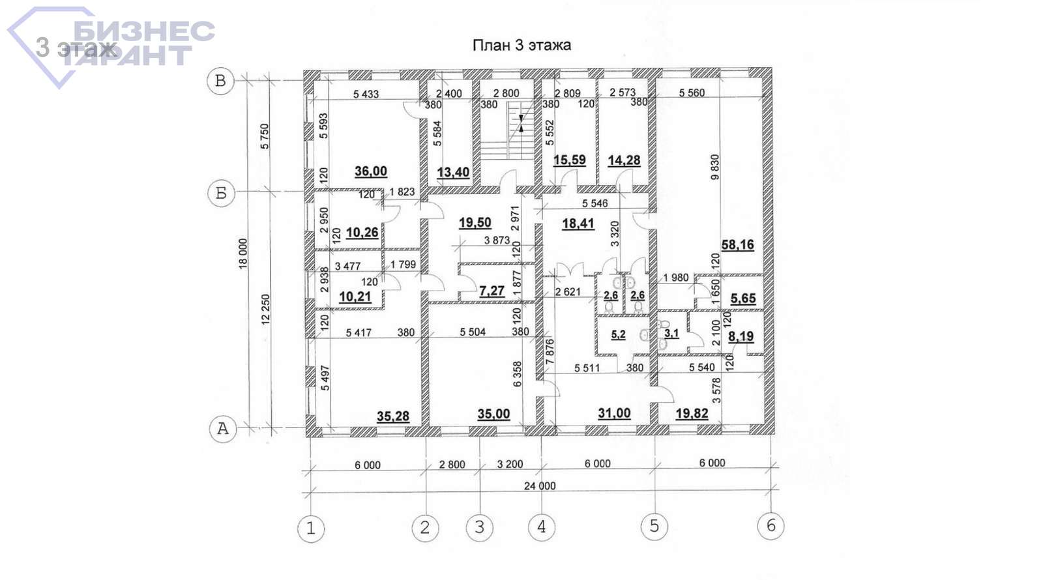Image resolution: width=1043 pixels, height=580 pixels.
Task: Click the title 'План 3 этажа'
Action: pos(521,45)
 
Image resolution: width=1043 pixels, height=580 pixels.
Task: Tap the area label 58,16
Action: pos(737,244)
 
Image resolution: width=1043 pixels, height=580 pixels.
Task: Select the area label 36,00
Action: pos(371,171)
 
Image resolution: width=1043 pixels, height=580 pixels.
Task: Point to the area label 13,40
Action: pos(453,172)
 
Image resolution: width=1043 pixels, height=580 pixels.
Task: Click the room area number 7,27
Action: pos(492,291)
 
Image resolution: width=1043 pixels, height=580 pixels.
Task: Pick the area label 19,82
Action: pos(692,413)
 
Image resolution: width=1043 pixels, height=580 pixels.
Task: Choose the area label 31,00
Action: pos(614,413)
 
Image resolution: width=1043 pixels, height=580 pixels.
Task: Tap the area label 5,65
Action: pos(743,298)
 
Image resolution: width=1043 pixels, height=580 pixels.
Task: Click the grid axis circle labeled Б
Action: pos(221,193)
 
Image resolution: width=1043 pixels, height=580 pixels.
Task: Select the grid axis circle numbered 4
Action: pos(542,527)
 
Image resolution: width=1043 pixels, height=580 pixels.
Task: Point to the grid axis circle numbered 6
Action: pos(771,525)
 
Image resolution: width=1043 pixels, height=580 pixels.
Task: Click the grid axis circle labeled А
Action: pos(223,428)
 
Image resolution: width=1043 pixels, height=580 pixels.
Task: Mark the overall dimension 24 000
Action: pos(540,486)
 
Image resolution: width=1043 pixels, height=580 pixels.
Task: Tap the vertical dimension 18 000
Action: pos(243,254)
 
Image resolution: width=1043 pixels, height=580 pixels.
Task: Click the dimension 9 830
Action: pos(715,167)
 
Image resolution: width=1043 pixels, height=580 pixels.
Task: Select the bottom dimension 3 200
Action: pos(510,464)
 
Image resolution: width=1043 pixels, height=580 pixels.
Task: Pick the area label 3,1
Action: pos(671,333)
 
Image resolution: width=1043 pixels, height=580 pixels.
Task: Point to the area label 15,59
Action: pos(570,160)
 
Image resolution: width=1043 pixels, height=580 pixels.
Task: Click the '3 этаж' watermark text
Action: pos(76,48)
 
